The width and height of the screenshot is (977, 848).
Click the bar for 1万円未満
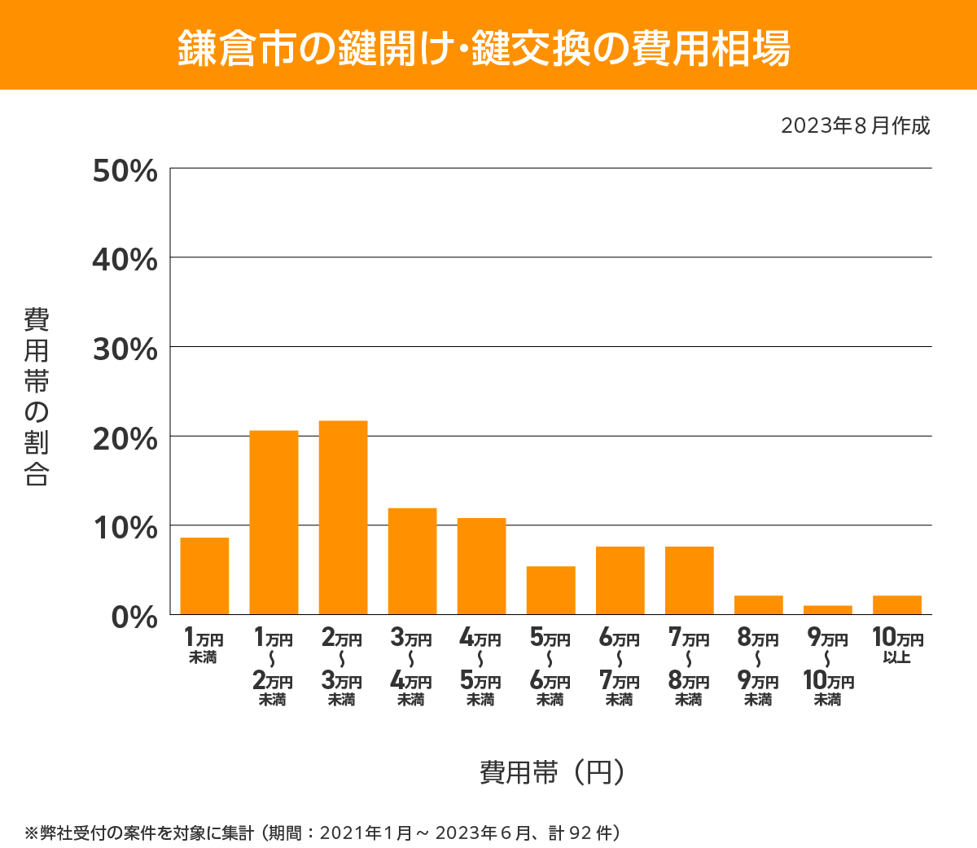pyautogui.click(x=204, y=576)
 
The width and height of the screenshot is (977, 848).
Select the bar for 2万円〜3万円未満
pyautogui.click(x=343, y=517)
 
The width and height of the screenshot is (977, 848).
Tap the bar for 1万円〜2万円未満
pyautogui.click(x=274, y=522)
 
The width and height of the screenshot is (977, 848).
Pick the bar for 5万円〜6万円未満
pyautogui.click(x=550, y=590)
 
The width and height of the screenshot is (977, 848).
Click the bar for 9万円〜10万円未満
pyautogui.click(x=827, y=610)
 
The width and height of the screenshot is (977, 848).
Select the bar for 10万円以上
pyautogui.click(x=896, y=604)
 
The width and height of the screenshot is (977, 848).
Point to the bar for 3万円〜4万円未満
pyautogui.click(x=412, y=561)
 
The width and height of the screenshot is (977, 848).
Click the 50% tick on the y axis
pyautogui.click(x=125, y=171)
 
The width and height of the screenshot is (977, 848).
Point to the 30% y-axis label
pyautogui.click(x=125, y=349)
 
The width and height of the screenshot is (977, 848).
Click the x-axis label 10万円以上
pyautogui.click(x=897, y=645)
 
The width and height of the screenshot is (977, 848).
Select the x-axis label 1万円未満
pyautogui.click(x=204, y=645)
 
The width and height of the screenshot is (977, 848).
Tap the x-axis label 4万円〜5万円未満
pyautogui.click(x=480, y=666)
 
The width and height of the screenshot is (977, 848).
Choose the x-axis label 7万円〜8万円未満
pyautogui.click(x=689, y=666)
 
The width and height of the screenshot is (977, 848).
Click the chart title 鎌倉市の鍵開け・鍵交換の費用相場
pyautogui.click(x=484, y=48)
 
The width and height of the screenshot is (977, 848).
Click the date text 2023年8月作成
pyautogui.click(x=855, y=126)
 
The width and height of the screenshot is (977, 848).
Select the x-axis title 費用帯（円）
pyautogui.click(x=553, y=771)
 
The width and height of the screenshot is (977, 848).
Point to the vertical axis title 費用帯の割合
pyautogui.click(x=36, y=397)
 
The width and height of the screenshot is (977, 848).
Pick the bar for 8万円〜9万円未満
pyautogui.click(x=758, y=604)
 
